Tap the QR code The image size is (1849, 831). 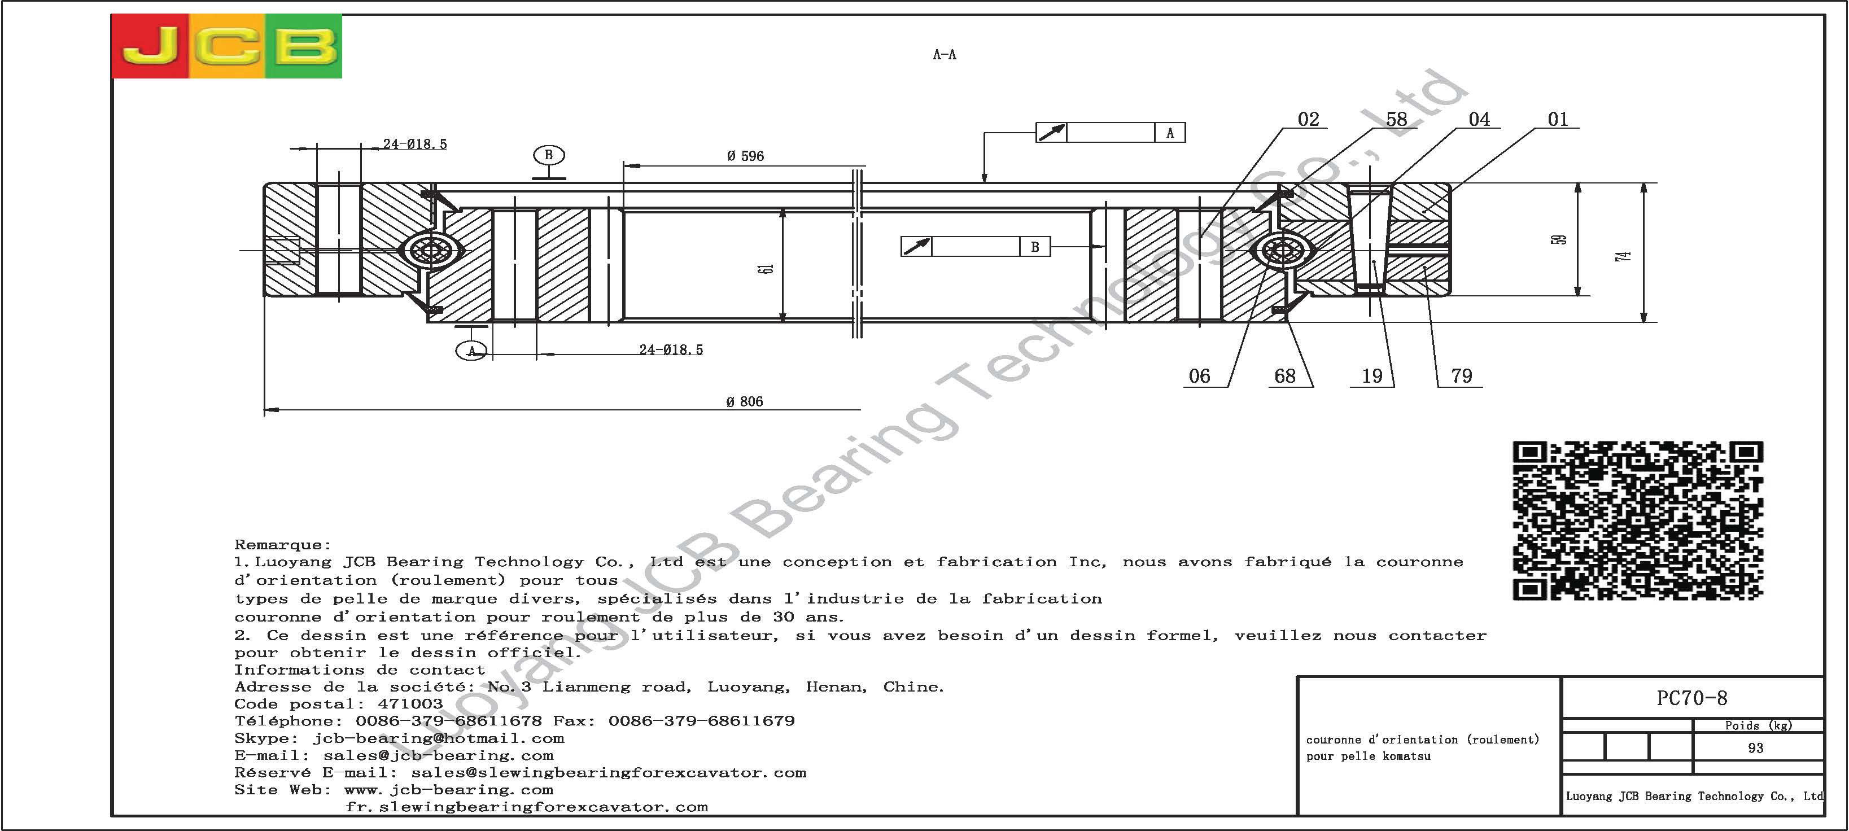[x=1638, y=521]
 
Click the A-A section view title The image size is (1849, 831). [x=945, y=55]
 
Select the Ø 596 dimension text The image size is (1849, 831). [x=745, y=156]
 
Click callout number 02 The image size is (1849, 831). [x=1309, y=119]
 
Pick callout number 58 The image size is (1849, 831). [x=1396, y=119]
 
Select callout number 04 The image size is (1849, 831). [x=1479, y=119]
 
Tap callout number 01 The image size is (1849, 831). [x=1558, y=119]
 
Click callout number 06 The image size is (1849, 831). [x=1199, y=376]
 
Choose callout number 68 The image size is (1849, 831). [x=1285, y=376]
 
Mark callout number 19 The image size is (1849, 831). [x=1372, y=376]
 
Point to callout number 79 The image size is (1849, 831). [x=1461, y=376]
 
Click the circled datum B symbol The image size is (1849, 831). [x=548, y=155]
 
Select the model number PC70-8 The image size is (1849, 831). [x=1692, y=698]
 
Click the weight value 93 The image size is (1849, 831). [x=1756, y=748]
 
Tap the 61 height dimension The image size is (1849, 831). [x=767, y=268]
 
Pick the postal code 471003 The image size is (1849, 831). [x=410, y=704]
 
